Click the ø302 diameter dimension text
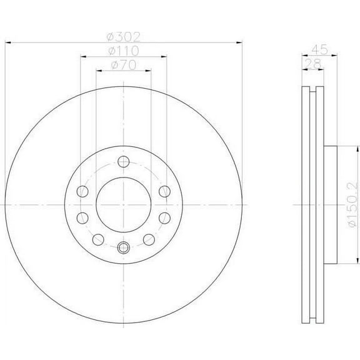124,36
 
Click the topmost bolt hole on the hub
124,163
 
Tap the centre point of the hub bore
124,204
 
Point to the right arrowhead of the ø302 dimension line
240,42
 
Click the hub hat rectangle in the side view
331,204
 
